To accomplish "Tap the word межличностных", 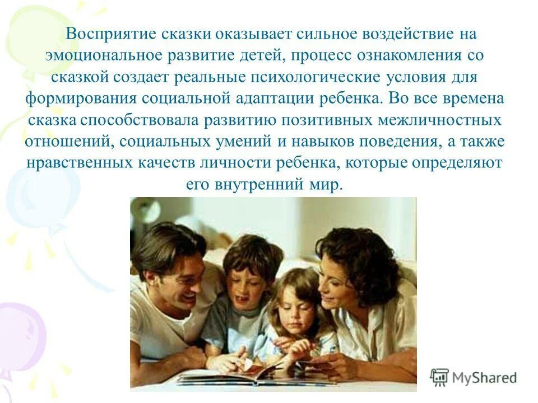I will tap(437, 120).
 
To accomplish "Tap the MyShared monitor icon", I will tap(439, 377).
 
